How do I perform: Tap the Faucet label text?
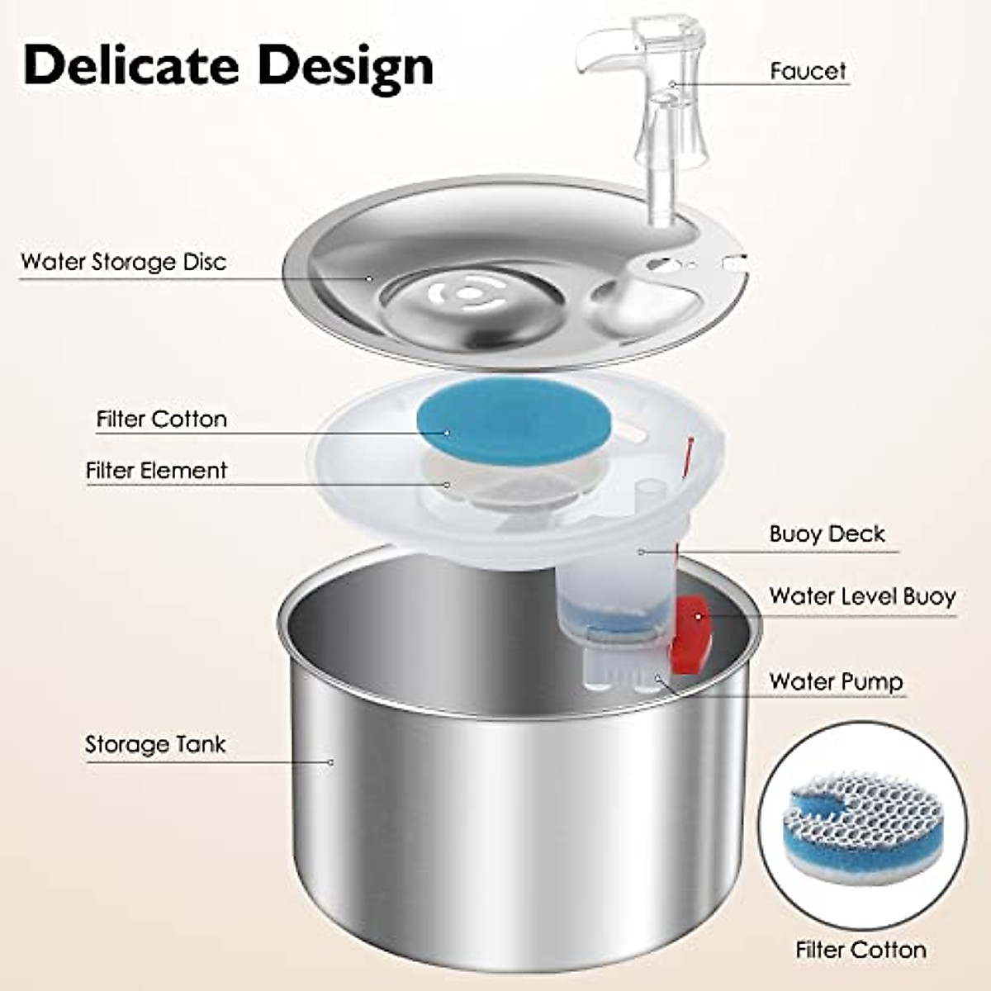click(808, 71)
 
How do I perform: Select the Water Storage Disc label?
click(123, 262)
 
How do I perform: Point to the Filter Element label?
click(156, 471)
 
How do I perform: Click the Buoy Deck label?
click(827, 534)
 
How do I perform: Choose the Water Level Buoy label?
click(861, 596)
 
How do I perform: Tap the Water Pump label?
click(836, 682)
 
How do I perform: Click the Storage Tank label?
click(155, 745)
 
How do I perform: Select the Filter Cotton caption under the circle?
click(861, 951)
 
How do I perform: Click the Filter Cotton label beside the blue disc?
click(161, 420)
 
